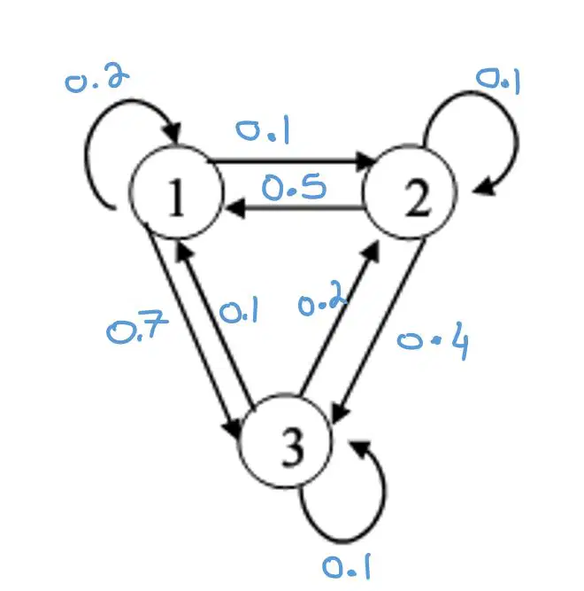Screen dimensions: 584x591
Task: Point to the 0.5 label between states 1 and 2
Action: point(294,186)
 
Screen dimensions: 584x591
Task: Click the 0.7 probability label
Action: point(137,326)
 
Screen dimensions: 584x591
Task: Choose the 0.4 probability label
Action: point(433,341)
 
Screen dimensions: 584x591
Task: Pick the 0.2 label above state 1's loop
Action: point(97,80)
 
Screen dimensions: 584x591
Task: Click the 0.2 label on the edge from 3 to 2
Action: point(322,298)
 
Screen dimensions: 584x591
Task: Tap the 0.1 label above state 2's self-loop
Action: point(498,81)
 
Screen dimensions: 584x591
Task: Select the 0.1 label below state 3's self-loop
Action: point(346,566)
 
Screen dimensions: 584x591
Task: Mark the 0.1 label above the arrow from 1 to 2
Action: point(263,129)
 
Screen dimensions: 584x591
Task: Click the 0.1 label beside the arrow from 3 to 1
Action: point(239,310)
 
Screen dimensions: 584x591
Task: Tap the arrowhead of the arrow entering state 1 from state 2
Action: point(234,207)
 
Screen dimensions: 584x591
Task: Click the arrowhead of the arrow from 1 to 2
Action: point(365,161)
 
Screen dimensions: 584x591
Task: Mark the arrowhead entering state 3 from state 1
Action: point(232,429)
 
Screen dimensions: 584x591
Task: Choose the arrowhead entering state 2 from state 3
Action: point(371,251)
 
